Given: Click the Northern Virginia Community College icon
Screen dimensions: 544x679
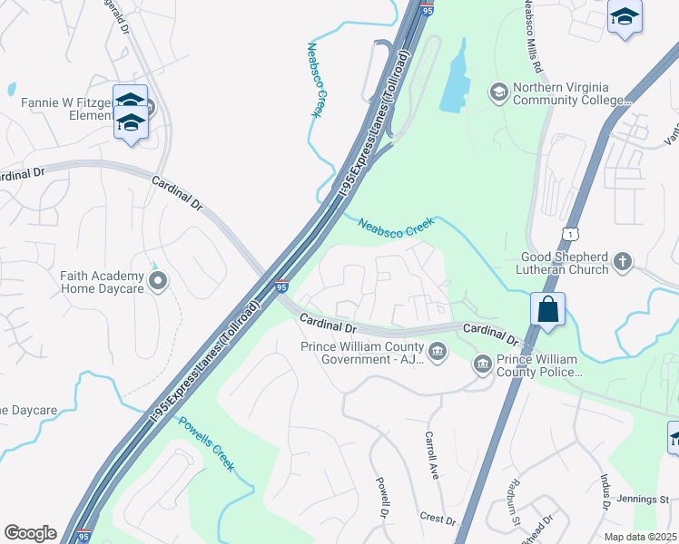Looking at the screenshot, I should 497,92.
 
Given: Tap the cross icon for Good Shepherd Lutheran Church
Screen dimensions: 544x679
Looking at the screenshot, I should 622,262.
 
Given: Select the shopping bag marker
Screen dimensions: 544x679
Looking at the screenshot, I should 549,310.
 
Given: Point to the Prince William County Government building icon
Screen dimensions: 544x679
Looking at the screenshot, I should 437,352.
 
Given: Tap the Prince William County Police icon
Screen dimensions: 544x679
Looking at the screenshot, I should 482,364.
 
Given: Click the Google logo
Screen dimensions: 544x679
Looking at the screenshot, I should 30,533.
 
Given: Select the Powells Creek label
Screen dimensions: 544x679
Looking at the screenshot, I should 205,443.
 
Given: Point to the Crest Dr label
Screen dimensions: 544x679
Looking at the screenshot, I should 438,520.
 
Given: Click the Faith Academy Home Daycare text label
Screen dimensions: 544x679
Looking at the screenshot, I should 103,282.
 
